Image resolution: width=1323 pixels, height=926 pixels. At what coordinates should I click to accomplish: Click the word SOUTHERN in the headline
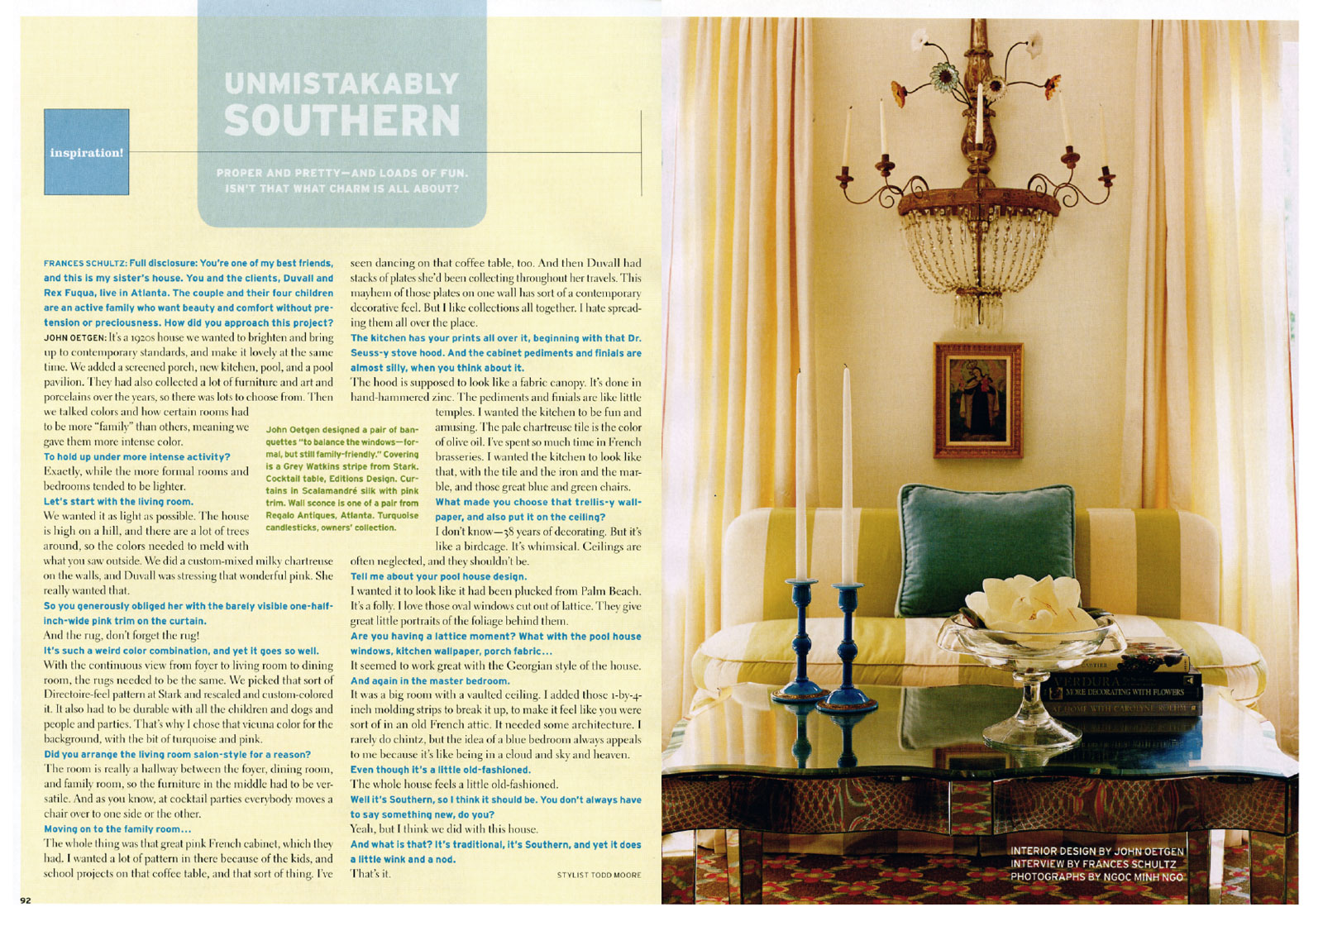coord(341,121)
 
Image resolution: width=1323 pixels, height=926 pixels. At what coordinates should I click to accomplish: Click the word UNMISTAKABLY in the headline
coord(341,84)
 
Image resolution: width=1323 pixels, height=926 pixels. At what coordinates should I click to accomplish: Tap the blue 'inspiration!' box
coord(86,152)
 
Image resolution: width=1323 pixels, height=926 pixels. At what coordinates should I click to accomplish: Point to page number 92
coord(26,900)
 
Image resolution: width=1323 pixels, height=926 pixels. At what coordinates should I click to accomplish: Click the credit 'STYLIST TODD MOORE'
coord(599,874)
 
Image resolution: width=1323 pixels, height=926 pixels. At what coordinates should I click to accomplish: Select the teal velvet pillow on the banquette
coord(985,537)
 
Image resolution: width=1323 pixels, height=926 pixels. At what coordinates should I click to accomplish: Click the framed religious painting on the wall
coord(978,399)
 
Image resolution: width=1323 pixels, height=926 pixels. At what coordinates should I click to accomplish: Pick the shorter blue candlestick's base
coord(800,692)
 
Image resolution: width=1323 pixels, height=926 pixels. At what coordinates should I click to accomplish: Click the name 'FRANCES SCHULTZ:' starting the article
coord(84,264)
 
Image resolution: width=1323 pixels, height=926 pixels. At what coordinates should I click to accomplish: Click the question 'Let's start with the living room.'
coord(118,502)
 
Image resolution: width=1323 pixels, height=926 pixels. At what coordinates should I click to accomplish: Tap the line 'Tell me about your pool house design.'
coord(438,576)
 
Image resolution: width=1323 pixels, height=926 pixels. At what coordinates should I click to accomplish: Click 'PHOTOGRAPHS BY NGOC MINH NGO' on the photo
coord(1096,876)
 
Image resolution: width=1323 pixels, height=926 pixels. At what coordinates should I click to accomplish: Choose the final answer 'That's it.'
coord(370,874)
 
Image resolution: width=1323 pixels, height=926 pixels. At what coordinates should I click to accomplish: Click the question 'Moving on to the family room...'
coord(117,829)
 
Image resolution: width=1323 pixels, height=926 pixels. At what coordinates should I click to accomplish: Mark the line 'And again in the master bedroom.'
coord(429,680)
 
